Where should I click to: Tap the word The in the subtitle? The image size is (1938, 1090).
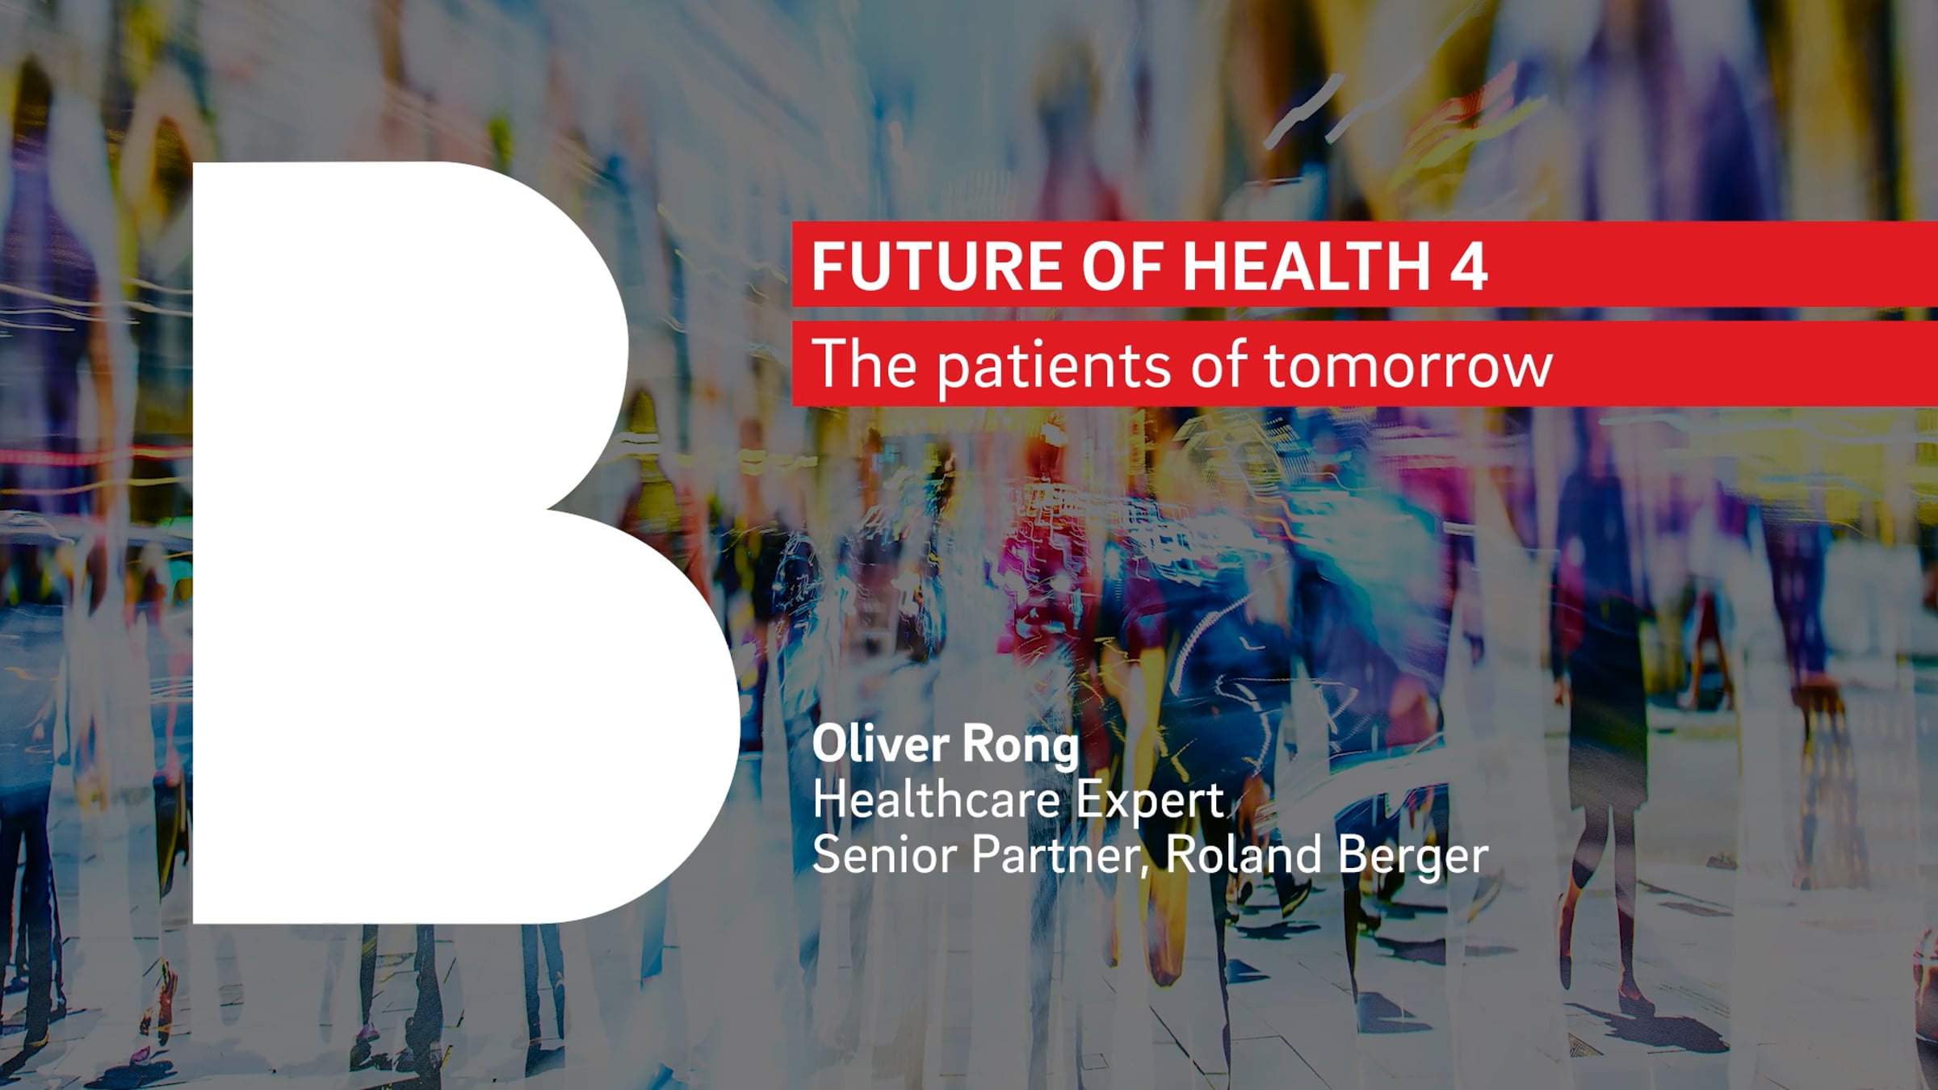point(864,363)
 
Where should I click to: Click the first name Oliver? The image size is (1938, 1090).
point(880,744)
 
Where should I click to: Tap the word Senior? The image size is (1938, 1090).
point(884,854)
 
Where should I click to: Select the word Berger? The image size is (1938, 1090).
point(1413,857)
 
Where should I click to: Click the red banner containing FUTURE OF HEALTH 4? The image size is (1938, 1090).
point(1365,264)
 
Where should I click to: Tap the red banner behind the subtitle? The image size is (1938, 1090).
point(1365,363)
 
